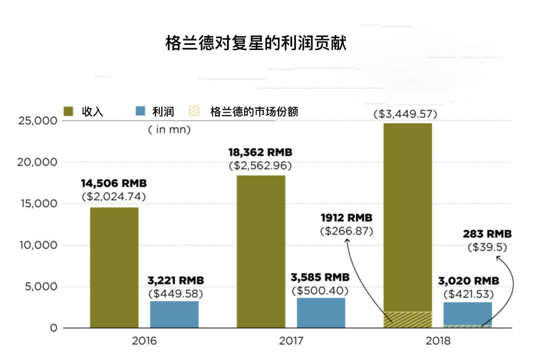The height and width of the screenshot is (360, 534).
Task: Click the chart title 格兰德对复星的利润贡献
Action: [x=256, y=43]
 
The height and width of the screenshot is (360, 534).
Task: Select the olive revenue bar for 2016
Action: [x=114, y=267]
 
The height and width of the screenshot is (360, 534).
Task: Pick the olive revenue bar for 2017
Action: [x=261, y=251]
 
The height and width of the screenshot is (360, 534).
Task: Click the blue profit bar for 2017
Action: [x=321, y=313]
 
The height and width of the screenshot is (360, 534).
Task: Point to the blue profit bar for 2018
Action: [x=468, y=313]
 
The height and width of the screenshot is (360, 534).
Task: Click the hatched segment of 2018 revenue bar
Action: [x=408, y=319]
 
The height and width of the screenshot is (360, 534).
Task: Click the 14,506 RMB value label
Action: [x=114, y=184]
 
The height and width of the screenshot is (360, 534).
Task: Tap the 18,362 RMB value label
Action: [x=260, y=152]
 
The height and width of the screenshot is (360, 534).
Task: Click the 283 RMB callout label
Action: [x=487, y=233]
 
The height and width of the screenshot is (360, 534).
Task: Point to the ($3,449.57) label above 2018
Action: [x=405, y=114]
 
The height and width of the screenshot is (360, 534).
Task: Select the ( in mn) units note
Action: [x=169, y=129]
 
